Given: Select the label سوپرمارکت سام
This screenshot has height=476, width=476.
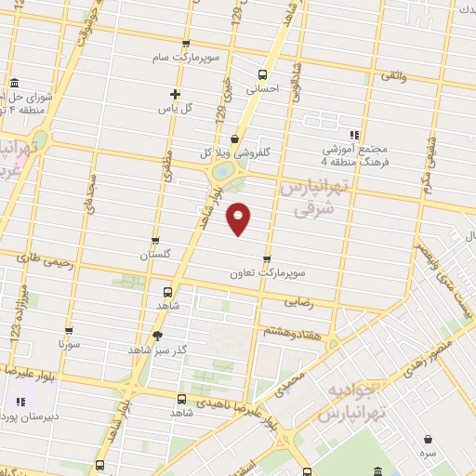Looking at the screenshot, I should coord(187,58).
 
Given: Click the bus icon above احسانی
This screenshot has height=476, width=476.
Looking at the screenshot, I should coord(262,75).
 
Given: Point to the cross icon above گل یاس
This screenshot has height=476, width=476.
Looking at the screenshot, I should coord(174,93).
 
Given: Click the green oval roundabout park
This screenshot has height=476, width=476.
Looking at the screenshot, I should coord(223,173).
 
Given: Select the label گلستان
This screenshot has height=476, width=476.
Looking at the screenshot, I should coord(155,255).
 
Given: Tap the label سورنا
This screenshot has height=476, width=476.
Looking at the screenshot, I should coord(70,343).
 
